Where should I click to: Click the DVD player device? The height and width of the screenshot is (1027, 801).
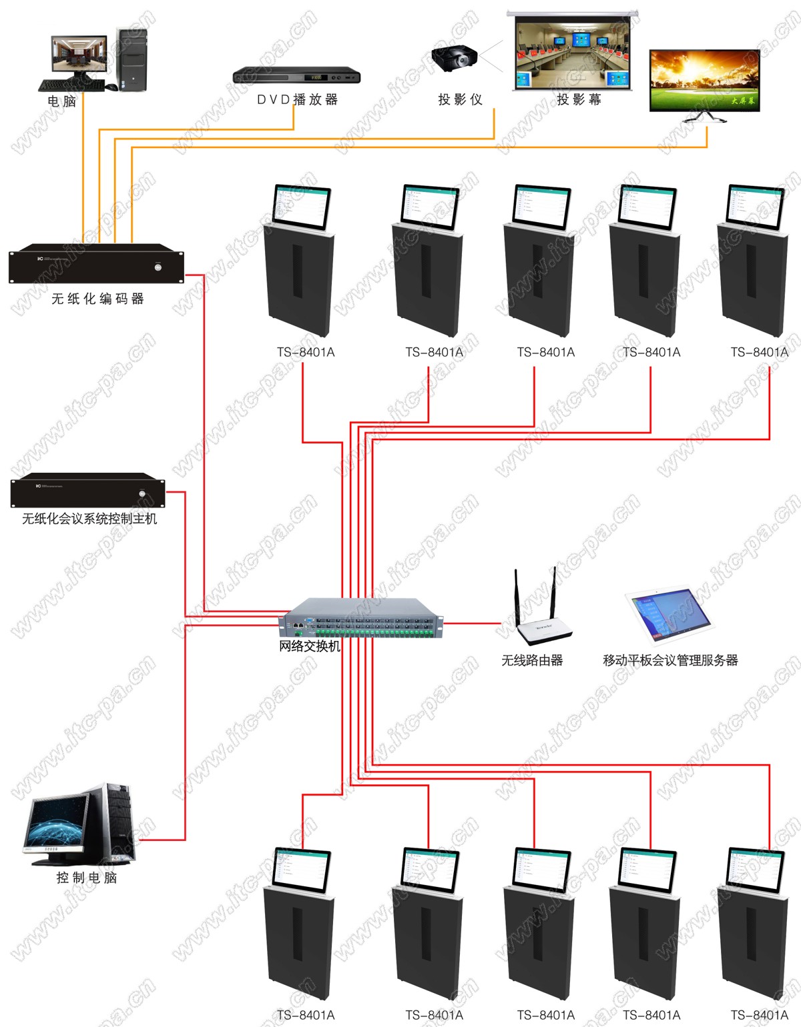tap(296, 75)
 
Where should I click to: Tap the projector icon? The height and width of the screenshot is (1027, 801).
tap(454, 58)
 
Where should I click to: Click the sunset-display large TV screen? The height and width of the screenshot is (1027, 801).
tap(705, 81)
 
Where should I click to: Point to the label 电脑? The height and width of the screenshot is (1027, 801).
tap(61, 101)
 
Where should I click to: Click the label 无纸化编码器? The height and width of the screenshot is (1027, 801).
tap(98, 299)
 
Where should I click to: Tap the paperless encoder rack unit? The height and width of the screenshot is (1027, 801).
tap(96, 264)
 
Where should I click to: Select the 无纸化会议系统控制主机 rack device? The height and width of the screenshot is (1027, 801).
tap(87, 491)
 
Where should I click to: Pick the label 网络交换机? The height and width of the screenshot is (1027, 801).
tap(310, 646)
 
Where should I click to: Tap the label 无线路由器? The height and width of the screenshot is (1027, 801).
tap(532, 660)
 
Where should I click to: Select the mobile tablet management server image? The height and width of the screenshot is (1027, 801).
tap(668, 616)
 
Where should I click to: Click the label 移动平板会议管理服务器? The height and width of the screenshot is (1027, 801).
tap(670, 660)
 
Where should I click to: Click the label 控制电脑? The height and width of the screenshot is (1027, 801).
tap(87, 878)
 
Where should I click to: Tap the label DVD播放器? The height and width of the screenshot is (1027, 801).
tap(298, 99)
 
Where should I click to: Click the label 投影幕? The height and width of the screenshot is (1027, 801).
tap(579, 99)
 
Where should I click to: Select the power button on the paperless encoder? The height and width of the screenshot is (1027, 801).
tap(158, 267)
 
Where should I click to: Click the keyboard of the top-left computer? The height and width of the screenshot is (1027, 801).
tap(64, 85)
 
